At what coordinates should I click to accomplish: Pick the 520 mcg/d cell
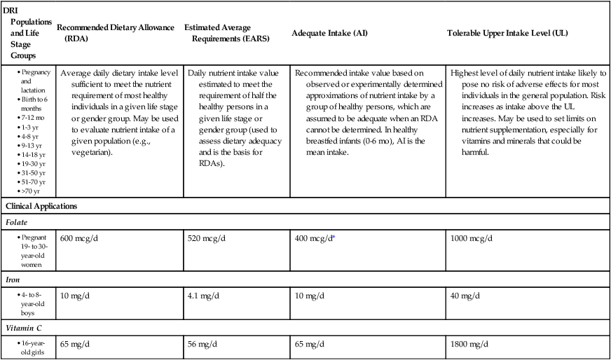click(207, 238)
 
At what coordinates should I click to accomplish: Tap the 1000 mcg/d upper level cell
click(472, 238)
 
